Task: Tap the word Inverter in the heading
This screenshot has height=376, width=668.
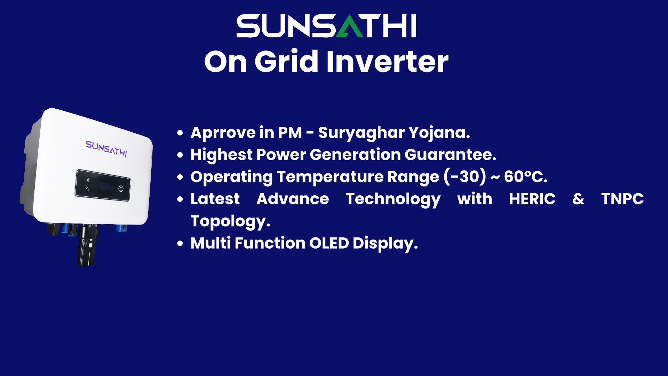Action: [387, 61]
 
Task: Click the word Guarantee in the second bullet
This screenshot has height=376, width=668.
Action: [450, 155]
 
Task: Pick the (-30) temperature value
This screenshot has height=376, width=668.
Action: [465, 177]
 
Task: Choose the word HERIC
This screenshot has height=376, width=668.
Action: [532, 199]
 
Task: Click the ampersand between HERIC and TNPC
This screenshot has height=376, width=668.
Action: [578, 199]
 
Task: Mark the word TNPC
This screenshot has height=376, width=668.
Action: [622, 199]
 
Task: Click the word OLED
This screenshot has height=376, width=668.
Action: [329, 243]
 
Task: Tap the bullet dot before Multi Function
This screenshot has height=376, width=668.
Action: [180, 243]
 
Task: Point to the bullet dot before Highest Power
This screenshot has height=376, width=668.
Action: [180, 155]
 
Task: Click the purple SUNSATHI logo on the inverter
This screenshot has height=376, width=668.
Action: [106, 149]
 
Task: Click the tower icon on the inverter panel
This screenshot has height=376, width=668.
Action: [88, 180]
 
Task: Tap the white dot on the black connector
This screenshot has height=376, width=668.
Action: [90, 245]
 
